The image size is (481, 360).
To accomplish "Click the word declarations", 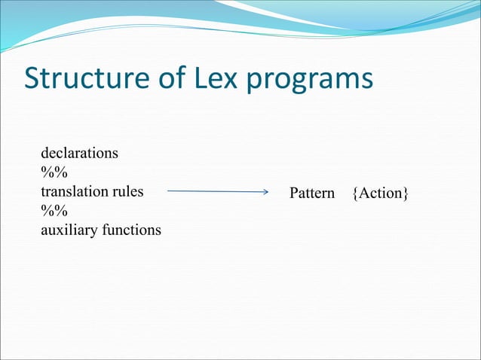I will (x=79, y=153).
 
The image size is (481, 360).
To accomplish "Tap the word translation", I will (x=75, y=191).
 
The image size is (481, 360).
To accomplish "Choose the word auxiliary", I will (x=68, y=230).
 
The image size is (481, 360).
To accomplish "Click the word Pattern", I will (x=312, y=194).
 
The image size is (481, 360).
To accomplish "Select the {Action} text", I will (x=380, y=194).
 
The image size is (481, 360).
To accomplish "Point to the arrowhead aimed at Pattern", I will (x=265, y=192).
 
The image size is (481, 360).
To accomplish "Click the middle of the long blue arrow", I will (x=218, y=192).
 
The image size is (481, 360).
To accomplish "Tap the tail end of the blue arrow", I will (x=169, y=191).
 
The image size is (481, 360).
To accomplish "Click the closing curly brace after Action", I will (x=406, y=194).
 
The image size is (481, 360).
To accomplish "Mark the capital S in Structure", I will (x=34, y=78).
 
